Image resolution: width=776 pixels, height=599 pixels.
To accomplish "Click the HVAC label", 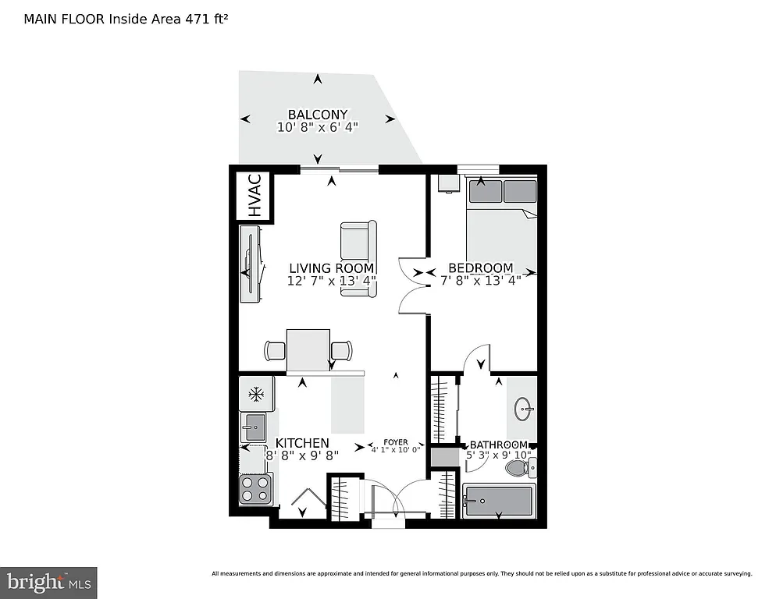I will click(x=254, y=197).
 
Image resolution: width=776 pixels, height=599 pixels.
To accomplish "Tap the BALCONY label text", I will click(x=317, y=114).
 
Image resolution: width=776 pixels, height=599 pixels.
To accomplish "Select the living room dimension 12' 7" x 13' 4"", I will click(x=331, y=281).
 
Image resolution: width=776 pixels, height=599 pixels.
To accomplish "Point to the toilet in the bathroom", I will click(x=518, y=467).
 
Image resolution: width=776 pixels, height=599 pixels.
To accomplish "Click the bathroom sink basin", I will click(x=524, y=407).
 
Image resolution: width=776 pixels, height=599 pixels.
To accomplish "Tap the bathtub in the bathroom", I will click(x=499, y=501).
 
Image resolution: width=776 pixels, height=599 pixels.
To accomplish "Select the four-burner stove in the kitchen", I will click(x=255, y=489).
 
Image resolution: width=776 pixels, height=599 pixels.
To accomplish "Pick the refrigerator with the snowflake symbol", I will click(x=255, y=394).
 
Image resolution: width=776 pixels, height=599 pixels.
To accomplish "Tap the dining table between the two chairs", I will click(x=308, y=348).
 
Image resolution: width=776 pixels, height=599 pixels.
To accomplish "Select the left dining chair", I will click(x=276, y=351).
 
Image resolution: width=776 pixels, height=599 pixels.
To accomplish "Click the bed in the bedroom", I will click(x=501, y=226).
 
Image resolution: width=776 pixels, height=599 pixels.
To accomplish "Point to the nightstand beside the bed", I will click(x=447, y=183).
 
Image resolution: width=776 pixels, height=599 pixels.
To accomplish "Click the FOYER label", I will click(x=395, y=441).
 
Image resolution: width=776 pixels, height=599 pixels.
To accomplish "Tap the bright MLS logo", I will click(x=48, y=582).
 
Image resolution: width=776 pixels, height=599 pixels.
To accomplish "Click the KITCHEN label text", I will click(x=301, y=443).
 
